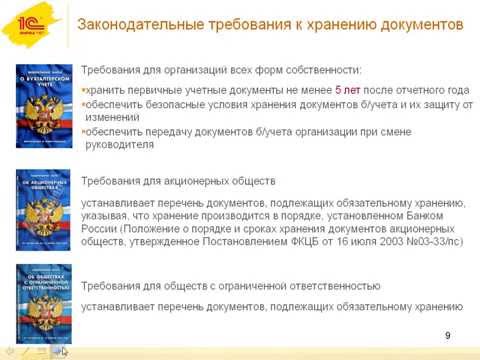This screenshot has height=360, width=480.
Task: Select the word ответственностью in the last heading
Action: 324,285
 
